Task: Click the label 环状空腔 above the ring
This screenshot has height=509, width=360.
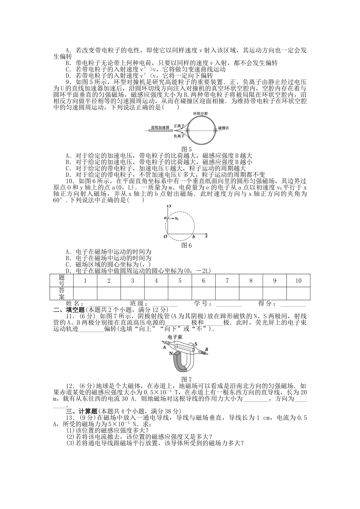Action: point(200,113)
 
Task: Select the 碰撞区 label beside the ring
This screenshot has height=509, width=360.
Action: point(223,128)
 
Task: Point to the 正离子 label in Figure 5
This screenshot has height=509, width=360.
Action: point(178,125)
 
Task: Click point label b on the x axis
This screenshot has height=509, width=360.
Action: point(194,236)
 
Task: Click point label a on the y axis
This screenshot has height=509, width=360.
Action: point(165,218)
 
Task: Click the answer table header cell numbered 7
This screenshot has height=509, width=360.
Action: point(227,281)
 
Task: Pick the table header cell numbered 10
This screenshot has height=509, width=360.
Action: point(298,281)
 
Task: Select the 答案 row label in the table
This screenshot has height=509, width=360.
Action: point(62,293)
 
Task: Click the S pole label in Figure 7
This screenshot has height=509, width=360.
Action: point(196,344)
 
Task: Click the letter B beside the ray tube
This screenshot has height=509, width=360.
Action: point(206,349)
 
